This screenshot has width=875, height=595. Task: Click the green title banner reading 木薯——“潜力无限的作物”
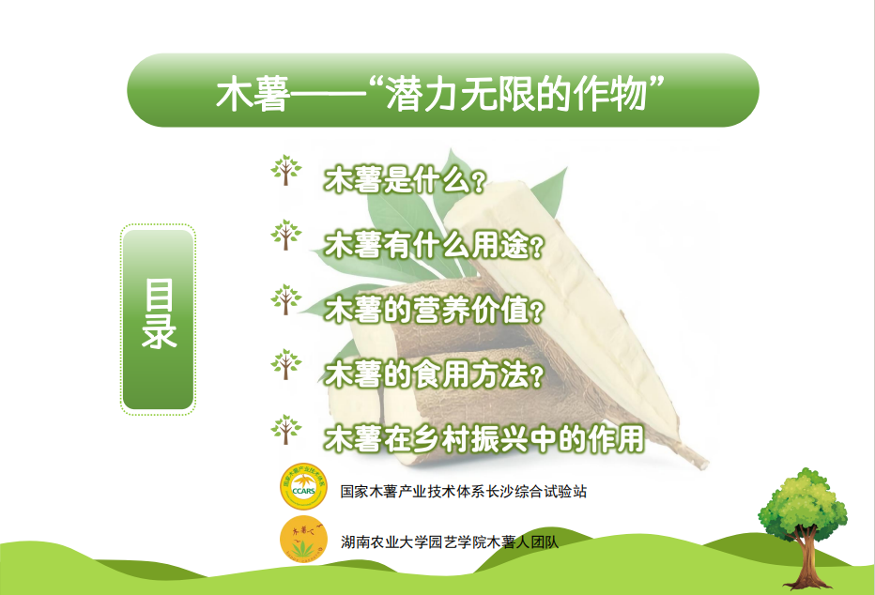443,90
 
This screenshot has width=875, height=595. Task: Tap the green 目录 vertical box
158,319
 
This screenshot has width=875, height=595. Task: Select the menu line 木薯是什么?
405,179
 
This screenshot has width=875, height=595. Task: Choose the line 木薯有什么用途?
434,245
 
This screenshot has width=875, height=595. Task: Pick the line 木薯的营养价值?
434,310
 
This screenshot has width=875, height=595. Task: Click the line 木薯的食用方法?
434,374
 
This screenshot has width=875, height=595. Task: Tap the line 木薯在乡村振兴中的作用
484,439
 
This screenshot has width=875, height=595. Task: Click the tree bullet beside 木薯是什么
286,170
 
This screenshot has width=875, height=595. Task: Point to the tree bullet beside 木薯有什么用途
286,235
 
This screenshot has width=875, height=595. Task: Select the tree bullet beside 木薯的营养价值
286,299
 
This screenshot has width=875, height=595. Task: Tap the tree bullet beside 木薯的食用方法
286,365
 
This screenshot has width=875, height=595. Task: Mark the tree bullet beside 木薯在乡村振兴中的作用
286,430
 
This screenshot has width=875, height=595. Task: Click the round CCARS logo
303,486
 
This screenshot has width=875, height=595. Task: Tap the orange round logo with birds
303,540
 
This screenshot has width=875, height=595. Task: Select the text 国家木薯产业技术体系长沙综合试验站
464,491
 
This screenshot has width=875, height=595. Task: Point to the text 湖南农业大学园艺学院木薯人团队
450,542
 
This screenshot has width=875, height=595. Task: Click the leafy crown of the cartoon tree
803,502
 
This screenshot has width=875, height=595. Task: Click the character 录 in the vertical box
159,332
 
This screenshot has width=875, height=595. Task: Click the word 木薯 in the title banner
253,93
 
